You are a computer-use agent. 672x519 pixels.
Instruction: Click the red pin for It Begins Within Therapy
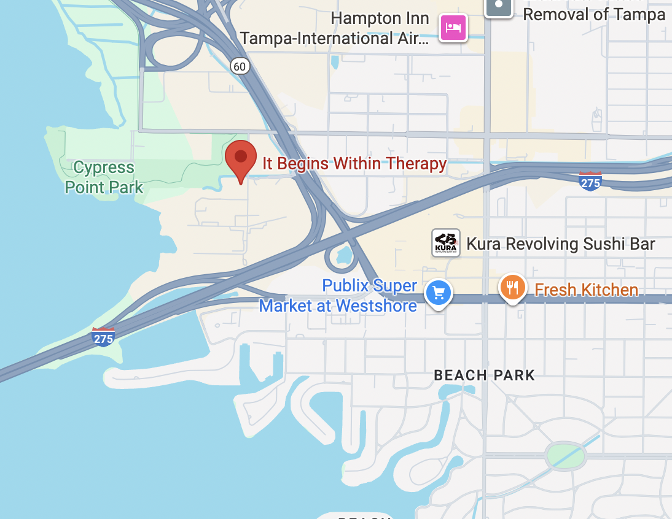coord(240,158)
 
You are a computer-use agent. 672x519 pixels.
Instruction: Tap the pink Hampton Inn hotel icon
coord(453,28)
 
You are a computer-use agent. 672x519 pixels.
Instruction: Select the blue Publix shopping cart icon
coord(438,293)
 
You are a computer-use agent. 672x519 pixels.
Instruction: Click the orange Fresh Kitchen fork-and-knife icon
coord(512,286)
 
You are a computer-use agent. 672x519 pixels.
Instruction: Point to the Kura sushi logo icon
coord(445,243)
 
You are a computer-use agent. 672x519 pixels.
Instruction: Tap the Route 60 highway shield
coord(241,65)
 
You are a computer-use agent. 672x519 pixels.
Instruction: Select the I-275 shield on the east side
coord(590,182)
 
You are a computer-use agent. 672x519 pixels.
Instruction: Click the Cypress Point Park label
coord(104,177)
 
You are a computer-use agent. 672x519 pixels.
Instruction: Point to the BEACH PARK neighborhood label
coord(484,375)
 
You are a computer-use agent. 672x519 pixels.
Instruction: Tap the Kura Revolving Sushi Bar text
coord(561,244)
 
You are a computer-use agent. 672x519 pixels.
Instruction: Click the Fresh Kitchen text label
coord(586,290)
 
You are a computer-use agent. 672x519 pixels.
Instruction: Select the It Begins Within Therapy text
coord(354,164)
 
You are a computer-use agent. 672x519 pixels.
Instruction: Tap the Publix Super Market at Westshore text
coord(338,296)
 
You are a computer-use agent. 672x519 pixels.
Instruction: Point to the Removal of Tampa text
coord(593,13)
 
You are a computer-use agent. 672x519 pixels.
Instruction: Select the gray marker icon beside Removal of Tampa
coord(499,6)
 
